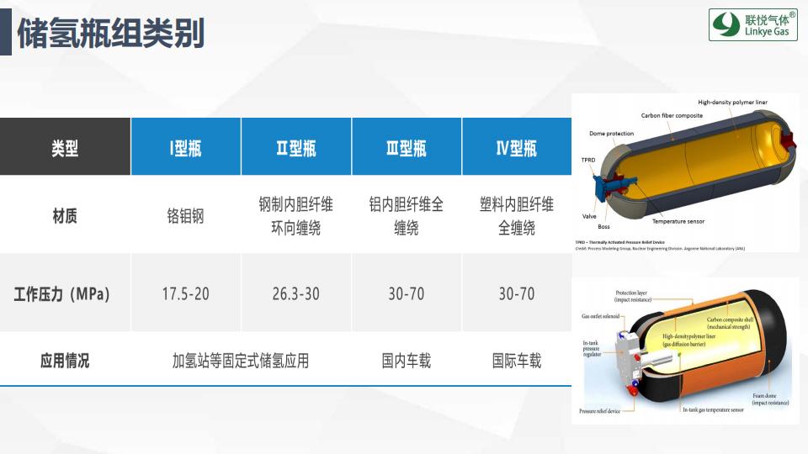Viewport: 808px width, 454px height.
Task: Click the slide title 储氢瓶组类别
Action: click(x=110, y=34)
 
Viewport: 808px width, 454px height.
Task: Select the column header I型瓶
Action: click(x=185, y=148)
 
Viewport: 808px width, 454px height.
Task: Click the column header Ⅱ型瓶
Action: click(x=296, y=148)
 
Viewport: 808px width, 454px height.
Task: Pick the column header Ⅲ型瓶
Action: click(x=407, y=148)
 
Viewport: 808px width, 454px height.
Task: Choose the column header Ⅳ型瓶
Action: click(x=516, y=148)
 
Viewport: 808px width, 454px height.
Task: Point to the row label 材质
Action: click(x=65, y=216)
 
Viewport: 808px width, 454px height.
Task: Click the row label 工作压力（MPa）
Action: click(x=65, y=294)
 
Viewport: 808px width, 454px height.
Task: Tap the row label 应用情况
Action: click(x=65, y=361)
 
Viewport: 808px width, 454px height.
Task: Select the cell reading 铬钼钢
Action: click(x=185, y=216)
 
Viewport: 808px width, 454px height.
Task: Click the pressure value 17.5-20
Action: click(x=185, y=294)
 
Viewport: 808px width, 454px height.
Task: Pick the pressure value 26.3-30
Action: click(x=296, y=294)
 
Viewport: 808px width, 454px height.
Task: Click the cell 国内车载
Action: click(x=407, y=361)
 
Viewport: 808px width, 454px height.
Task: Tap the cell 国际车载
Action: click(x=516, y=361)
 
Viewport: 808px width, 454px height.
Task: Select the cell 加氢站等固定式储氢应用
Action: click(x=241, y=361)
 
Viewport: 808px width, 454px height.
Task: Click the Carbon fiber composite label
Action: click(x=672, y=116)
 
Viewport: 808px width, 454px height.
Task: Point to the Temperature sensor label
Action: click(x=678, y=221)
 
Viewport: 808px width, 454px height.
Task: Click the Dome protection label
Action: click(x=611, y=134)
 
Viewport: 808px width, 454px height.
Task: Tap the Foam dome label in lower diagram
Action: click(x=770, y=399)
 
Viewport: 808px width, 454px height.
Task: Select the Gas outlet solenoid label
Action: click(x=600, y=317)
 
